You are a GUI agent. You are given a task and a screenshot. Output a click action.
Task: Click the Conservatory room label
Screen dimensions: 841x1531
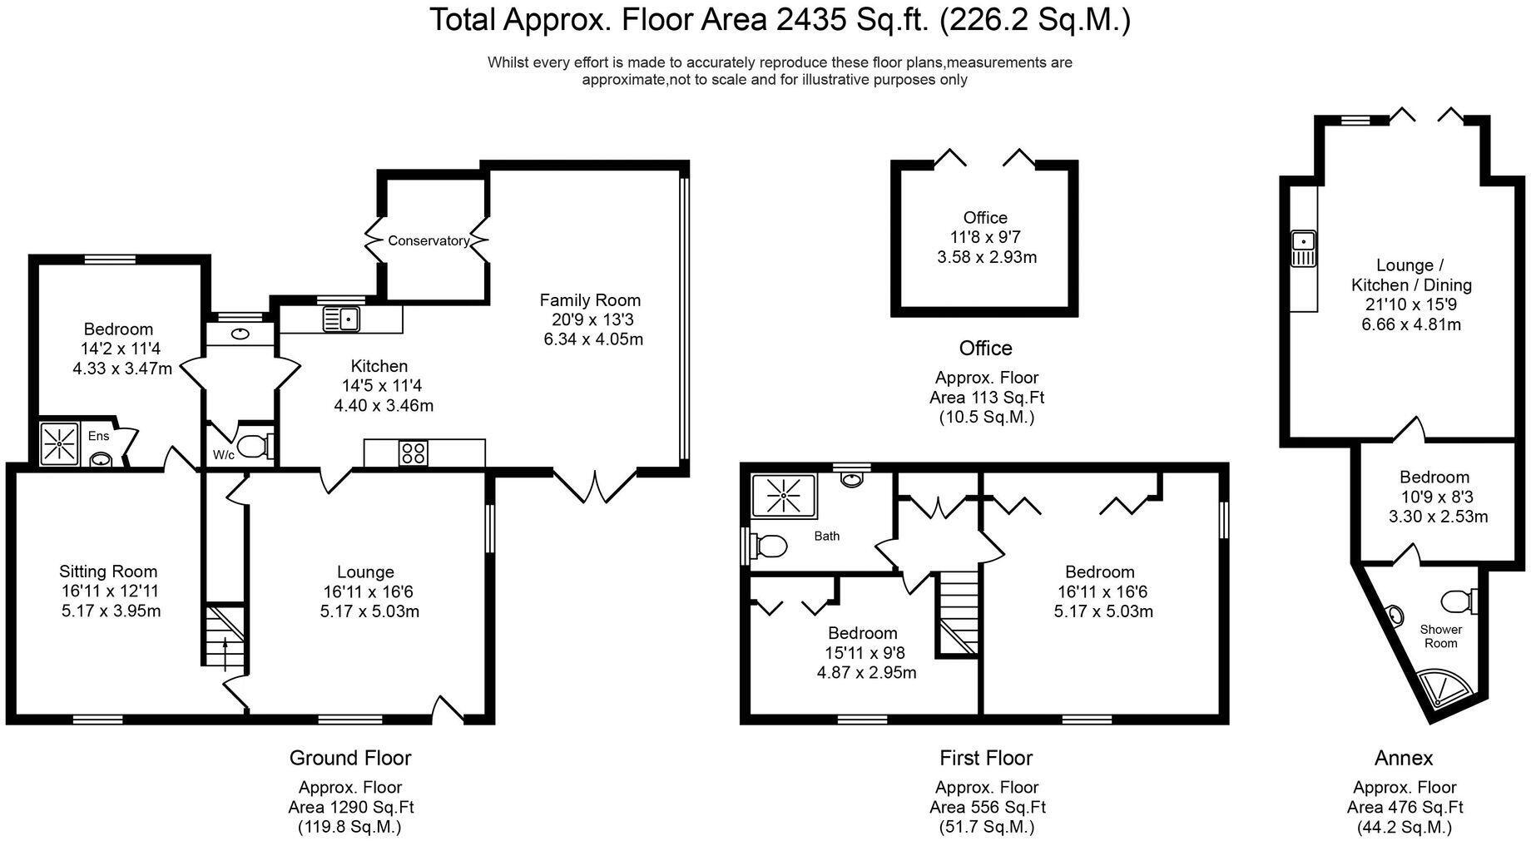click(429, 240)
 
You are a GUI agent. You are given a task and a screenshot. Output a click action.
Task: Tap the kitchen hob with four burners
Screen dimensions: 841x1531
click(414, 453)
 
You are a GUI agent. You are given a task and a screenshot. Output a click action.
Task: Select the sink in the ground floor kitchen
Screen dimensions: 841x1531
click(341, 318)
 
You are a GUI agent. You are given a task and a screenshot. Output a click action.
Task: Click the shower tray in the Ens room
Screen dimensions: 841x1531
click(60, 444)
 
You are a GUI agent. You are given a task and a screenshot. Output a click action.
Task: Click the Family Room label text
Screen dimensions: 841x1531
click(590, 300)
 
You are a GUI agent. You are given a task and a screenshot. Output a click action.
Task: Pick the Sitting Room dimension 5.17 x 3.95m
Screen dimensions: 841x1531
click(111, 611)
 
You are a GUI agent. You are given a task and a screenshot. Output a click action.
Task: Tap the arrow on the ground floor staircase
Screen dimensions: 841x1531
click(225, 647)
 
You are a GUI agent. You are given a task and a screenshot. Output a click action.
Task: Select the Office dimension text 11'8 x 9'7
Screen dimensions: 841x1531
click(986, 237)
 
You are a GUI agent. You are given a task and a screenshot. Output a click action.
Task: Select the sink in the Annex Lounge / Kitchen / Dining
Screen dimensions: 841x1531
click(1303, 248)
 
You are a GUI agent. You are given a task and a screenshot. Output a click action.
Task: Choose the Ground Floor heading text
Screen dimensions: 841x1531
click(350, 758)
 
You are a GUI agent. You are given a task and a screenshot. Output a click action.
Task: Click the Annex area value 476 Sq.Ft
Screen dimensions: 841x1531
click(1405, 807)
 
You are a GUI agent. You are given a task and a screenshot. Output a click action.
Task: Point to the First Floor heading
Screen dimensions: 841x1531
click(986, 758)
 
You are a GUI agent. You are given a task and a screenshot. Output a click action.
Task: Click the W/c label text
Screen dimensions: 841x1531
click(223, 455)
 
